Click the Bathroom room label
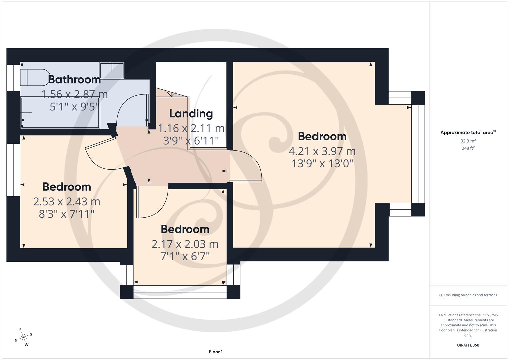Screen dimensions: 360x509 (x=74, y=79)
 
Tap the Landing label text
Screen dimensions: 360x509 (x=191, y=114)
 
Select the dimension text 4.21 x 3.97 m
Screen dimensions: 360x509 (x=322, y=151)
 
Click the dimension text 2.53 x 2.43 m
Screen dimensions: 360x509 (x=67, y=201)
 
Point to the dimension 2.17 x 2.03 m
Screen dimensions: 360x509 (x=185, y=244)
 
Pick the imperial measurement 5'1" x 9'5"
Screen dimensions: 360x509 (x=74, y=107)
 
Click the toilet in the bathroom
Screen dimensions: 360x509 (x=34, y=77)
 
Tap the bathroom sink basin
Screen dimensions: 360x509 (x=112, y=70)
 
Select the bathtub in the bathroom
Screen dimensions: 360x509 (x=60, y=113)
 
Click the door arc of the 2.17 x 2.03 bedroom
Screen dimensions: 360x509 (x=152, y=203)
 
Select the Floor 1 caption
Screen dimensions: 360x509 (x=216, y=352)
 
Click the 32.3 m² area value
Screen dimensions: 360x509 (x=468, y=141)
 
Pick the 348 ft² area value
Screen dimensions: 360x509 (x=468, y=148)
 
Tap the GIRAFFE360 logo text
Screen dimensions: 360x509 (x=468, y=345)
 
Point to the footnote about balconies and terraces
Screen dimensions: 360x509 (x=468, y=295)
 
